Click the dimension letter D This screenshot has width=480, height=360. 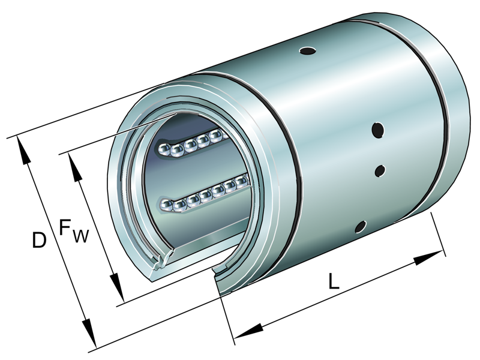pos(39,241)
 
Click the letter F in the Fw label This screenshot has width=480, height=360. pos(65,227)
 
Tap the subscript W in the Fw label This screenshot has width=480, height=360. pos(80,236)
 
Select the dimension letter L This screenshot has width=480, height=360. pos(334,281)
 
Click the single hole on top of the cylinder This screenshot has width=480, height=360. pos(307,51)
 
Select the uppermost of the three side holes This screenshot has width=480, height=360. pos(378,129)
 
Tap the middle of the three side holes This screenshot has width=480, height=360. pos(380,171)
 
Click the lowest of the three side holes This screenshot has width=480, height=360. pos(361,226)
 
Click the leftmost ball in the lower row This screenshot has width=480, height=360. pos(166,206)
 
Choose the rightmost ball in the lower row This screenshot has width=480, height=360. pos(242,180)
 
